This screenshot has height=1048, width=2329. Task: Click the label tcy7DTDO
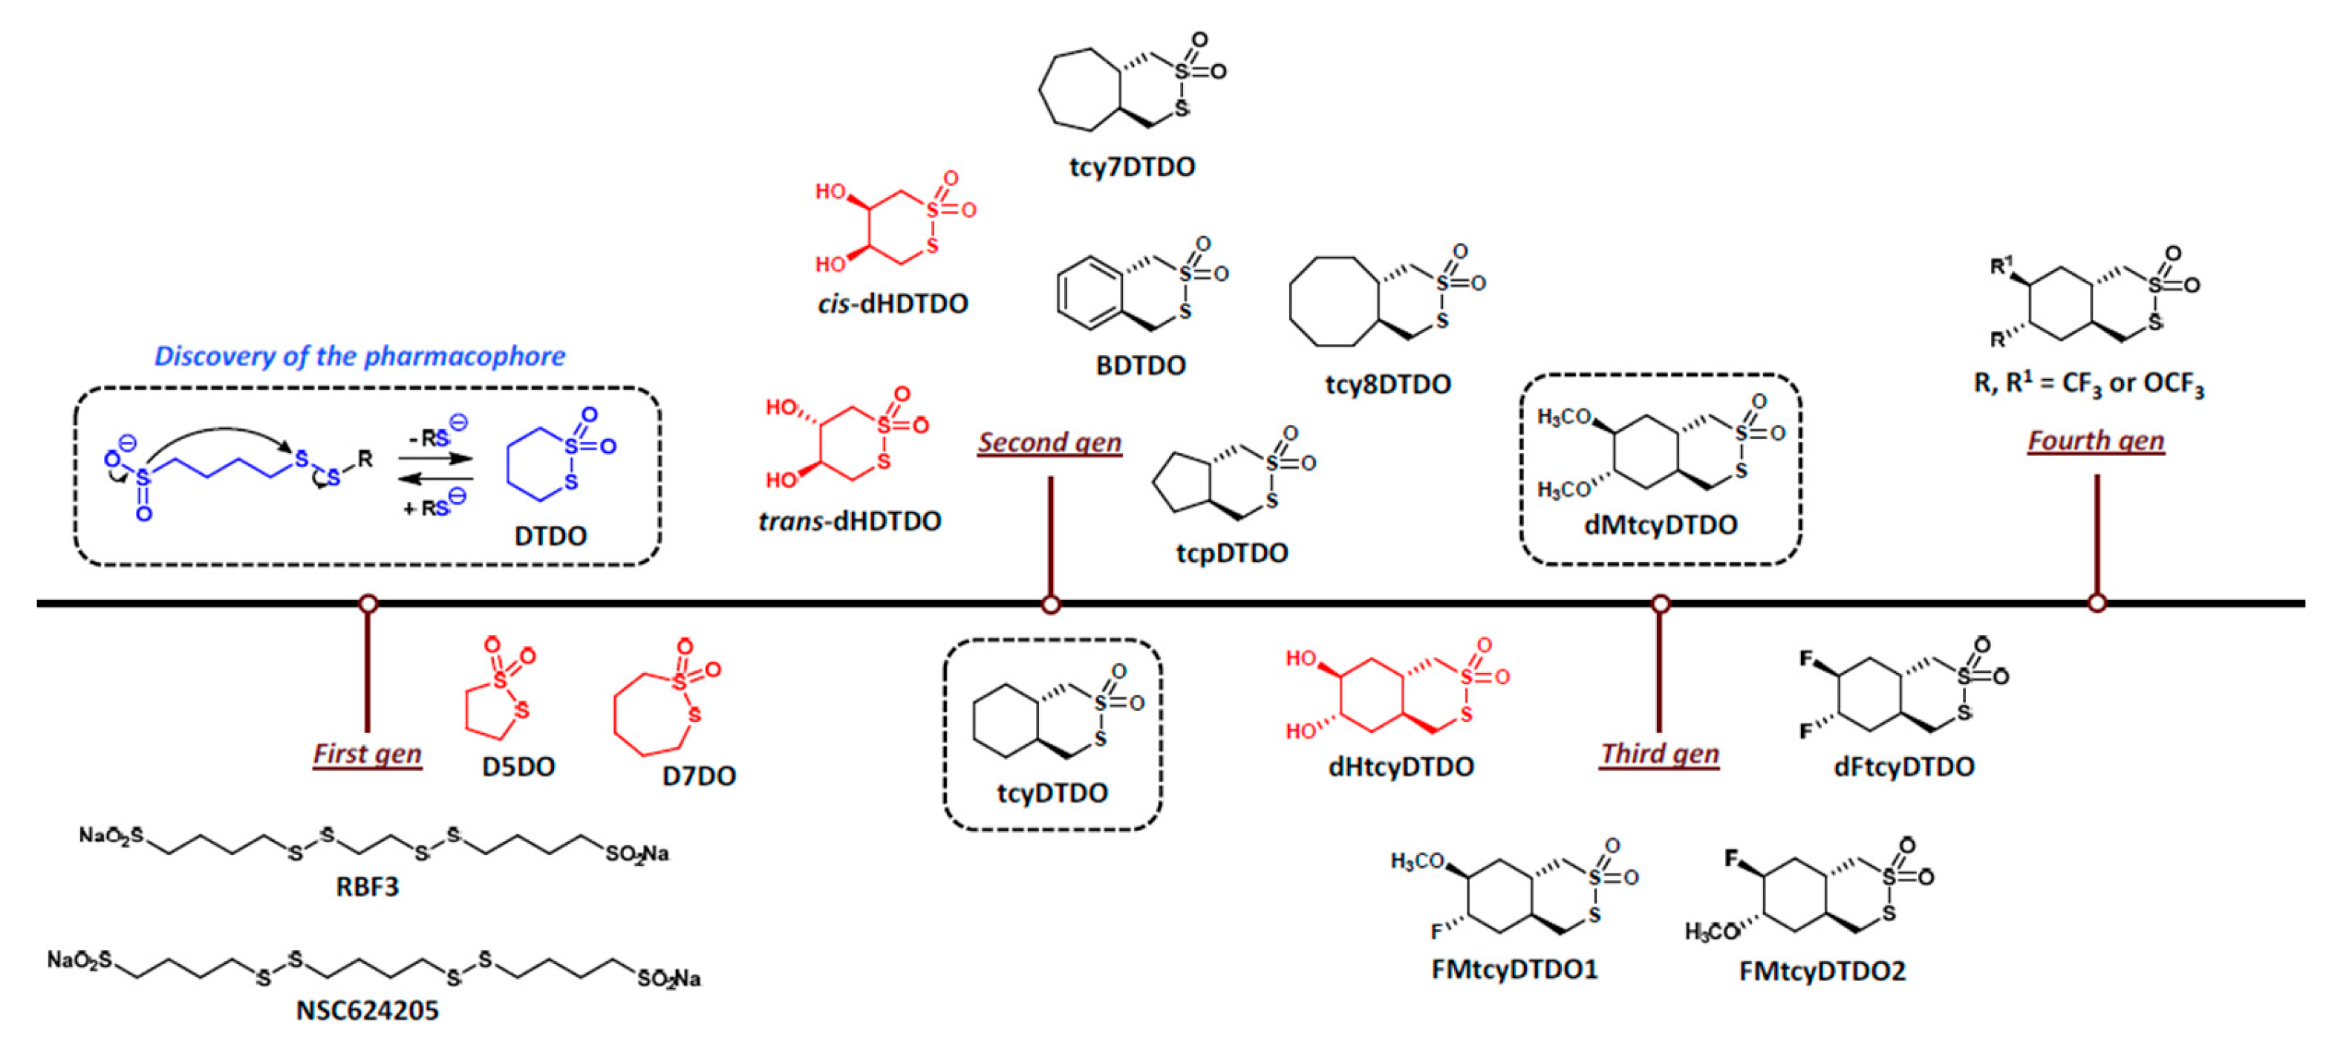(x=1132, y=167)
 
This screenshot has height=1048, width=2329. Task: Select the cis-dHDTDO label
(x=893, y=304)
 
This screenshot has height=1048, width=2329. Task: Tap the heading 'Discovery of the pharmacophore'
(x=360, y=357)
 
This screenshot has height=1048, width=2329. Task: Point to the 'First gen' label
(x=367, y=753)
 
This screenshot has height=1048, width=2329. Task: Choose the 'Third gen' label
(x=1660, y=753)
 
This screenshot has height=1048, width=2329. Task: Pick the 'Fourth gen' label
(x=2096, y=440)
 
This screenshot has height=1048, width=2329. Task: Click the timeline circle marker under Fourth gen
(x=2097, y=602)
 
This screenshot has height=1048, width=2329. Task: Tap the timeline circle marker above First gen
(x=367, y=603)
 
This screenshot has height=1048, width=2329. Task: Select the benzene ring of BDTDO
(x=1089, y=292)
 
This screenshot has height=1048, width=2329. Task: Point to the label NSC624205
(x=367, y=1010)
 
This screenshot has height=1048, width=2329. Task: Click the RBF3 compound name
(x=367, y=886)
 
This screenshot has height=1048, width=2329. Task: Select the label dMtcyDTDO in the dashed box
(x=1661, y=525)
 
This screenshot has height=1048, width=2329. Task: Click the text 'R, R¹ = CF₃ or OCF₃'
(x=2088, y=384)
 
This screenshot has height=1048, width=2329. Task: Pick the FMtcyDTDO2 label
(x=1822, y=971)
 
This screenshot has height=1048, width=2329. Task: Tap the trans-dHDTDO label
(x=850, y=521)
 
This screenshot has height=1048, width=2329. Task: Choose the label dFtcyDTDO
(x=1903, y=767)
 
